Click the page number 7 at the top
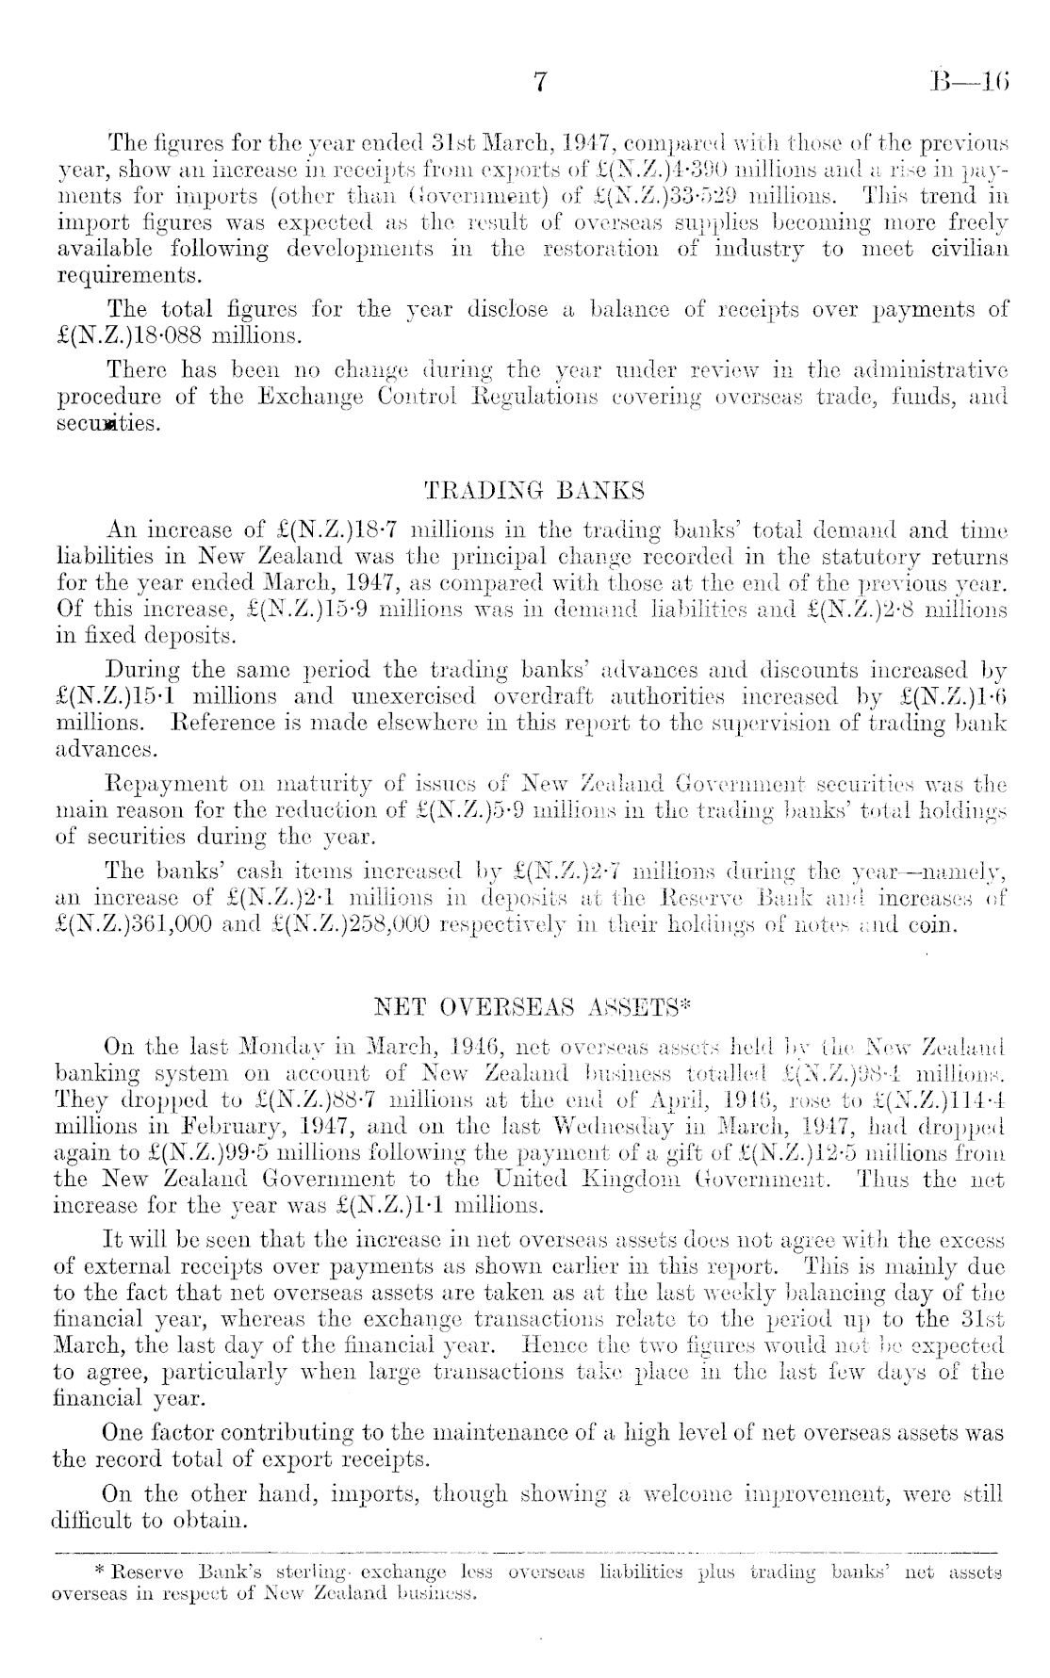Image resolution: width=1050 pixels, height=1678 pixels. [540, 82]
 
